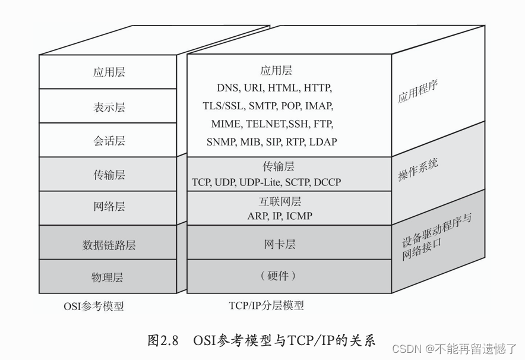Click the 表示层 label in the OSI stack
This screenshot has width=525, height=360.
pos(109,107)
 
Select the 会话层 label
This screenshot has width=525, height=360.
pos(109,141)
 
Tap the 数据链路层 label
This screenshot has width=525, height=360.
pos(109,245)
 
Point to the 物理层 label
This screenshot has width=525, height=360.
pos(107,277)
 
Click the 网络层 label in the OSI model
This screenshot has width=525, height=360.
pos(109,206)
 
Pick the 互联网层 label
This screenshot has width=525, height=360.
pos(280,201)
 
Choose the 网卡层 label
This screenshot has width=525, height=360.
pos(280,245)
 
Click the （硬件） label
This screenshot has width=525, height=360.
pos(278,276)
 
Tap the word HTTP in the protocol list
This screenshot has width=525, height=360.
pos(318,88)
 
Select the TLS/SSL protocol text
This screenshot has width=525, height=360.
pos(223,106)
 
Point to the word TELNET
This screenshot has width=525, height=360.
pos(266,124)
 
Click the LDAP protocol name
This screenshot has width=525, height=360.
pos(323,142)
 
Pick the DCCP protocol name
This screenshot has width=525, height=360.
pos(327,182)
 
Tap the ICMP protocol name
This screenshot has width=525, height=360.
pos(299,216)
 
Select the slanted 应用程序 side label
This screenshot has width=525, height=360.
pos(418,91)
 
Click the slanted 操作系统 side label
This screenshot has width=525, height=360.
pos(418,170)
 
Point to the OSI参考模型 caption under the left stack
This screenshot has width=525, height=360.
pos(94,306)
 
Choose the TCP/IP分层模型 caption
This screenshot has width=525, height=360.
pos(267,305)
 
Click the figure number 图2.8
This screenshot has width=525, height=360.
pos(163,340)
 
